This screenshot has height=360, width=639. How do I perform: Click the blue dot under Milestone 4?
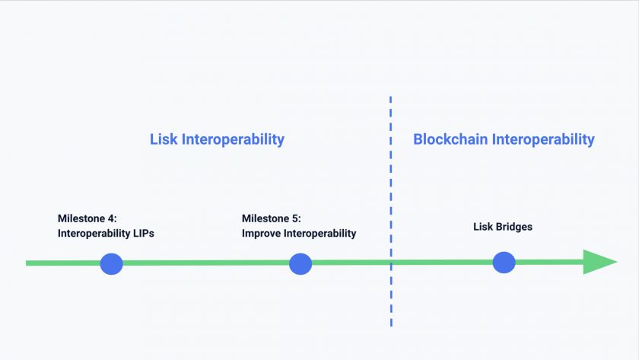pyautogui.click(x=111, y=264)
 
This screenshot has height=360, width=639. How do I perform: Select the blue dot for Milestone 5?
pyautogui.click(x=300, y=264)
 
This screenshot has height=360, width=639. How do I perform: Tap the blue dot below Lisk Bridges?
pyautogui.click(x=504, y=263)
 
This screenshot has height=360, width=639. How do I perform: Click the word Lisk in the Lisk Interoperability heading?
pyautogui.click(x=162, y=139)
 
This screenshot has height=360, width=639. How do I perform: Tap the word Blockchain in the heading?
pyautogui.click(x=450, y=139)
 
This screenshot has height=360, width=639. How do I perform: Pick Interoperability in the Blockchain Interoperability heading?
pyautogui.click(x=543, y=139)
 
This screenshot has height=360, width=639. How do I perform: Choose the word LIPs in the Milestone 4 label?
pyautogui.click(x=143, y=234)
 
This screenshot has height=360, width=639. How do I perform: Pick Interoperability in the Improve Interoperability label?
pyautogui.click(x=320, y=234)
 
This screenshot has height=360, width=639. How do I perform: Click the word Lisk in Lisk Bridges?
pyautogui.click(x=483, y=227)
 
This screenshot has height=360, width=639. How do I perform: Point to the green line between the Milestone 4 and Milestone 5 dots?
pyautogui.click(x=205, y=263)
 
